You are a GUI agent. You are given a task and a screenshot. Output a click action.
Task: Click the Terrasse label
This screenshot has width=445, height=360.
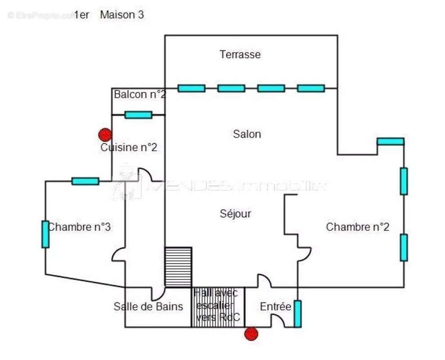[x=240, y=55]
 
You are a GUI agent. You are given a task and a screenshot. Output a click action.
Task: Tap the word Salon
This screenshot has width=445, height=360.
[x=247, y=134]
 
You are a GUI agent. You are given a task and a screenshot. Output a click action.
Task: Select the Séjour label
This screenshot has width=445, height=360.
[x=235, y=214]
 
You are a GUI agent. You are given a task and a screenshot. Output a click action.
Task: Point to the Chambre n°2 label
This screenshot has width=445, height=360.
[x=357, y=227]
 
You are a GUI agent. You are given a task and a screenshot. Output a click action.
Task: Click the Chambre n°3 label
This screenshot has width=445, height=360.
[x=80, y=227]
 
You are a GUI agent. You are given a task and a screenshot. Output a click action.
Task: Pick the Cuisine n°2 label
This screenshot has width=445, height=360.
[x=129, y=147]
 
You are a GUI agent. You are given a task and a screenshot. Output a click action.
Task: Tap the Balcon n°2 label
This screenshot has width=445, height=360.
[x=139, y=94]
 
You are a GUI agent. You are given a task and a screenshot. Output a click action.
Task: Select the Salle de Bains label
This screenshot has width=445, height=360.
[x=148, y=307]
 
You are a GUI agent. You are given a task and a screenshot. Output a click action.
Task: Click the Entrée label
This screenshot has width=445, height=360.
[x=275, y=307]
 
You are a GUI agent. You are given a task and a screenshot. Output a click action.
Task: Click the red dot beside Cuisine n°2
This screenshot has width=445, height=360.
[x=105, y=135]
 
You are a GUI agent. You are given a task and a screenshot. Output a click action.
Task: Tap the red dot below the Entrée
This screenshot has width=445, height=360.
[x=251, y=334]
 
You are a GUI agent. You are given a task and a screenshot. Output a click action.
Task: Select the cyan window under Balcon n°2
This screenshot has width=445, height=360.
[x=138, y=115]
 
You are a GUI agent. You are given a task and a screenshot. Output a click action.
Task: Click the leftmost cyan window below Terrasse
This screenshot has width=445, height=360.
[x=191, y=88]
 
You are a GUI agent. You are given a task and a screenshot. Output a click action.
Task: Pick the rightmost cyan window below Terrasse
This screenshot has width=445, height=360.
[x=310, y=88]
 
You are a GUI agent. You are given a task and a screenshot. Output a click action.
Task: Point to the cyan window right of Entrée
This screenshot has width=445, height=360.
[x=297, y=314]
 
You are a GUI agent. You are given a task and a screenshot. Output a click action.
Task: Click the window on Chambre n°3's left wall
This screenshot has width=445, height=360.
[x=45, y=234]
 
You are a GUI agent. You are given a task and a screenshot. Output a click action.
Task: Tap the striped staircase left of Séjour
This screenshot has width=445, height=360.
[x=178, y=267]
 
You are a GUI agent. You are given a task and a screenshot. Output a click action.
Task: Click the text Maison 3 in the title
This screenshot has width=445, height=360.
[x=122, y=15]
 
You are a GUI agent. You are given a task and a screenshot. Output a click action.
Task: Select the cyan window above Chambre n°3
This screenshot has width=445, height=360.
[x=85, y=181]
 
